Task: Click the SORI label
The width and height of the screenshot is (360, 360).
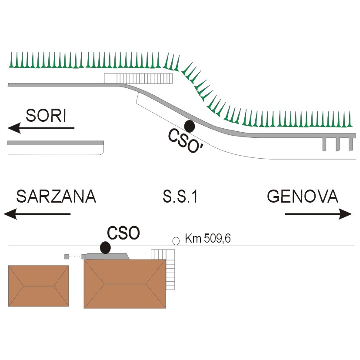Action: pos(46,116)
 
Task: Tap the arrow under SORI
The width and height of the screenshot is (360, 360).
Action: pos(41,128)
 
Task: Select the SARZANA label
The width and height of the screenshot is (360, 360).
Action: pos(56,197)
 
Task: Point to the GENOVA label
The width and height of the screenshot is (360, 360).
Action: pos(303,196)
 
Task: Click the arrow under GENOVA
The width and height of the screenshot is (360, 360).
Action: pos(318,214)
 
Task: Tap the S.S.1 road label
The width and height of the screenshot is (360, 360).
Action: pos(180,197)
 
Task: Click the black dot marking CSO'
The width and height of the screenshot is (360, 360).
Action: pos(190,126)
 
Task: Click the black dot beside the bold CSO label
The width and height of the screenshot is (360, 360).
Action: pos(106,248)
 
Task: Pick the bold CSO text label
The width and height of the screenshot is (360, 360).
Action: pos(123,233)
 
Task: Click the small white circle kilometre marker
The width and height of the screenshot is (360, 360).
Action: pos(176,241)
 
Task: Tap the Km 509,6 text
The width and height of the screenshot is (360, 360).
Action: pos(208,238)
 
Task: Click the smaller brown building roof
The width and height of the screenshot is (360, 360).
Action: pos(39,286)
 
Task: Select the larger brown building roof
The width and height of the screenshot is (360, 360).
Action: pos(125,284)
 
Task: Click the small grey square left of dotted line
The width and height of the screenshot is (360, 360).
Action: pos(67,257)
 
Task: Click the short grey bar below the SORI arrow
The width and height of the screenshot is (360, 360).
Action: pos(56,143)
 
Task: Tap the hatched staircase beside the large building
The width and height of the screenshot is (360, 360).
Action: pos(170,269)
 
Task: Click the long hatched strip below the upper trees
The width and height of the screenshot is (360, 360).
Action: pos(138,78)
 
